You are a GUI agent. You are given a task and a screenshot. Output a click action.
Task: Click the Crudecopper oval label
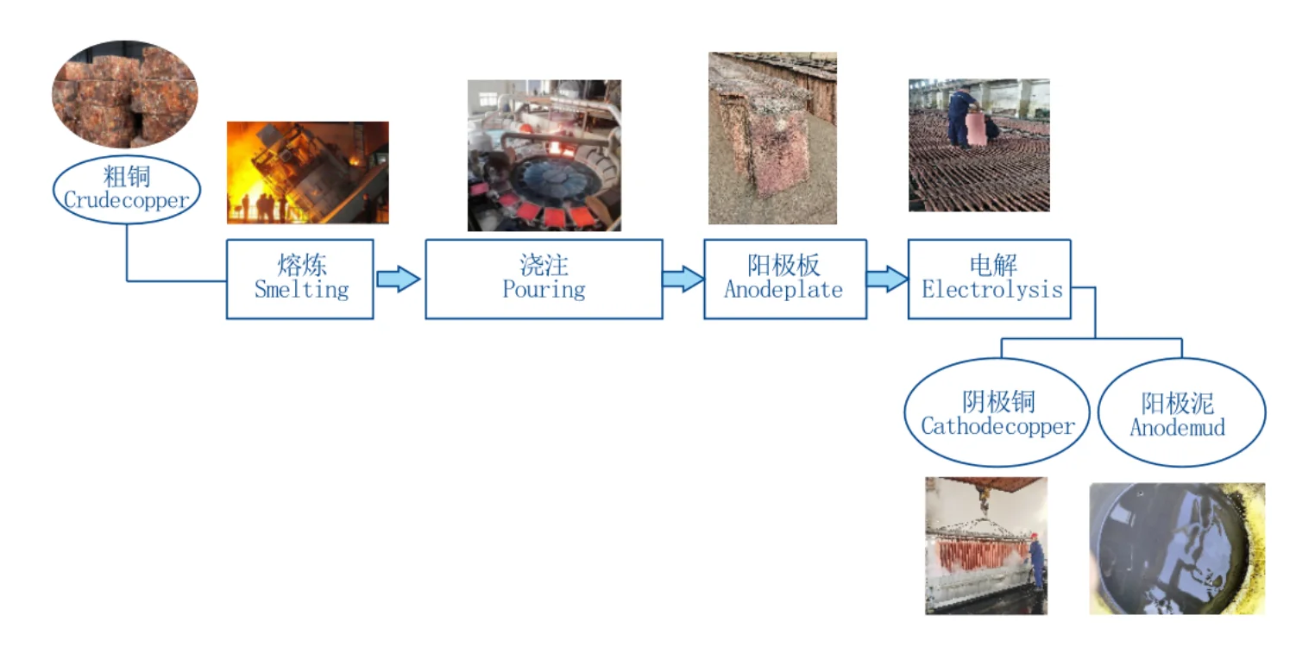coord(126,188)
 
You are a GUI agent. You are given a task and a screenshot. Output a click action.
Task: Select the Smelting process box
coord(300,279)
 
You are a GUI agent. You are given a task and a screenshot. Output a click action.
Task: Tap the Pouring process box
coord(544,279)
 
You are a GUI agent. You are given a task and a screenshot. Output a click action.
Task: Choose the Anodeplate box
coord(783,279)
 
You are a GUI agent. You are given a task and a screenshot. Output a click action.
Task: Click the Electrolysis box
coord(990,279)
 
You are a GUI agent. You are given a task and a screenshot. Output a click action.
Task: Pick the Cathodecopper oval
coord(997,413)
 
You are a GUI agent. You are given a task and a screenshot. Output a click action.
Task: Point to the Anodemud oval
coord(1180,413)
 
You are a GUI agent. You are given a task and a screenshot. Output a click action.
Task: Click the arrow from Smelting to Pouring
coord(398,280)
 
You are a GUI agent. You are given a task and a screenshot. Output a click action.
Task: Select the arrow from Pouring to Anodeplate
coord(683,280)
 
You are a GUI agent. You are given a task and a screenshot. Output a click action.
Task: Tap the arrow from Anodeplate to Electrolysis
coord(886,280)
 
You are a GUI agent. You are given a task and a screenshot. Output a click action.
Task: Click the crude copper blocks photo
coord(125,94)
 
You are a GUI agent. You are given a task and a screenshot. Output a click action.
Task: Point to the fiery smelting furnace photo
coord(307,173)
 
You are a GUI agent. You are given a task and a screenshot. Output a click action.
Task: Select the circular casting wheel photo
coord(544,155)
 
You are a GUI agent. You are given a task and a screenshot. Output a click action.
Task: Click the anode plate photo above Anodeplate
coord(772,138)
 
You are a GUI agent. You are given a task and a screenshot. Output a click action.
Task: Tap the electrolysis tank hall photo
coord(978,145)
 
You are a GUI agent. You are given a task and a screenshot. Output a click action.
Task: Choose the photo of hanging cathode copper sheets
coord(985,545)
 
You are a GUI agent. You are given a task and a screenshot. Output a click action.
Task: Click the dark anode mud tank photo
coord(1177,548)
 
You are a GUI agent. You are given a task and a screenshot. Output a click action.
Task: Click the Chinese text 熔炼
coord(301,265)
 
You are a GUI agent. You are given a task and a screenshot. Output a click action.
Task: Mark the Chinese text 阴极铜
coord(997,402)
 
